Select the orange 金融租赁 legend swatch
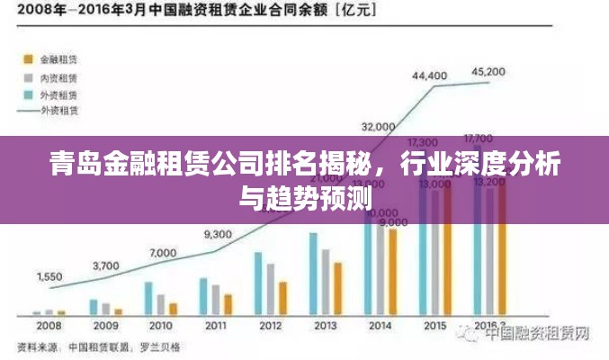25,59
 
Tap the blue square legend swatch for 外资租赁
25,94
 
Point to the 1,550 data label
49,276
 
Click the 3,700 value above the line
105,265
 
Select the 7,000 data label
163,254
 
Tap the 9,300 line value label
218,234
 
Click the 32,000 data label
378,125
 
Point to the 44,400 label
429,76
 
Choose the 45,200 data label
488,70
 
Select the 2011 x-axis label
215,325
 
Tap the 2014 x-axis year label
380,325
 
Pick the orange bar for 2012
282,297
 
